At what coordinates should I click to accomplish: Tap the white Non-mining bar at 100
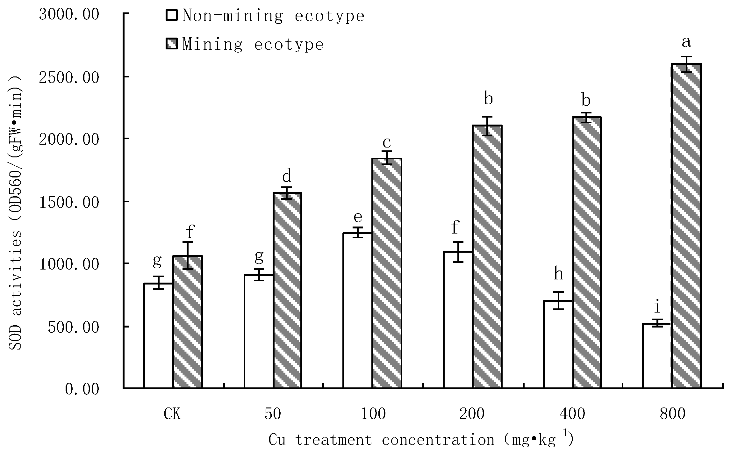pos(357,310)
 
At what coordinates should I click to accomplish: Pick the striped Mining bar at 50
pos(287,290)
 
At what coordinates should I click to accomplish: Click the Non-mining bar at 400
pos(558,344)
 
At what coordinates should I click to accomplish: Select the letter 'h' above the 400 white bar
pos(558,274)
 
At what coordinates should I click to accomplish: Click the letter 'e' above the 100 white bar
pos(358,217)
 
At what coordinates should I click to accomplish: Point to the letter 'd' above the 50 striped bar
pos(287,176)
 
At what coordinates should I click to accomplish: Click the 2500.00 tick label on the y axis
pos(69,77)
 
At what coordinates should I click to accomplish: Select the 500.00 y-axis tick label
pos(73,327)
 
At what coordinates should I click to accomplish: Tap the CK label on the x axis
pos(172,414)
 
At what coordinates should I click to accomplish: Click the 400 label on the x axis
pos(572,414)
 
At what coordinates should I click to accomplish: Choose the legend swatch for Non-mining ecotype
pos(172,15)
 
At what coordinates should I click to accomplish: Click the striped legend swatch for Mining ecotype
pos(172,44)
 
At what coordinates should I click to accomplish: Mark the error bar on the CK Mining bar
pos(188,256)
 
